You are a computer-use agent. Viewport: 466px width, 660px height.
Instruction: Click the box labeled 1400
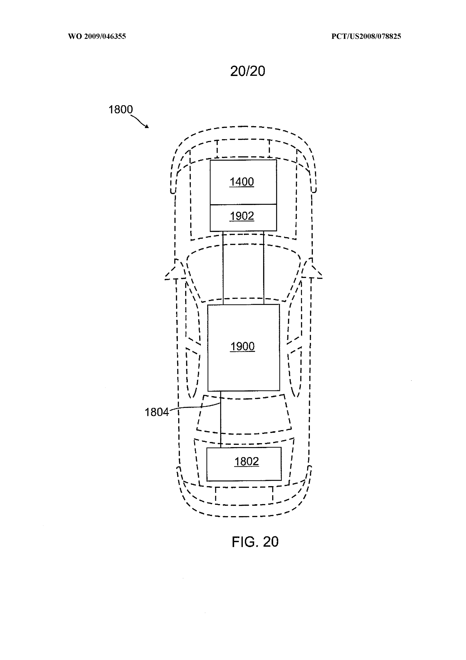[243, 182]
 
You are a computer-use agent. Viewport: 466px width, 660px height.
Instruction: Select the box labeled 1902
[243, 218]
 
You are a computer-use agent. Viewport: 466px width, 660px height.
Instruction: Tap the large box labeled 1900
[243, 348]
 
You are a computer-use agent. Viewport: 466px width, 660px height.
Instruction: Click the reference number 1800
[121, 110]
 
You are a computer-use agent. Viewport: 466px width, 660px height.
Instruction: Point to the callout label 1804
[156, 412]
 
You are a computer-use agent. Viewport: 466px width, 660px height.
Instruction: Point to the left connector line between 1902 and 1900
[223, 268]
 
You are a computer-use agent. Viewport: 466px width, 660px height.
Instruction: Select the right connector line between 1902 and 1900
[264, 268]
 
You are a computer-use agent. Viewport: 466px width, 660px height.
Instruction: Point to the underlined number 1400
[242, 182]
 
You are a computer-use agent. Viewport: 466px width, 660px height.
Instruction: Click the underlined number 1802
[247, 462]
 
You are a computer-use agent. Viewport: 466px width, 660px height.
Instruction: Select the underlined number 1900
[243, 347]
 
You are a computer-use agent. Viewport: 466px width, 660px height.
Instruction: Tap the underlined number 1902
[242, 216]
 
